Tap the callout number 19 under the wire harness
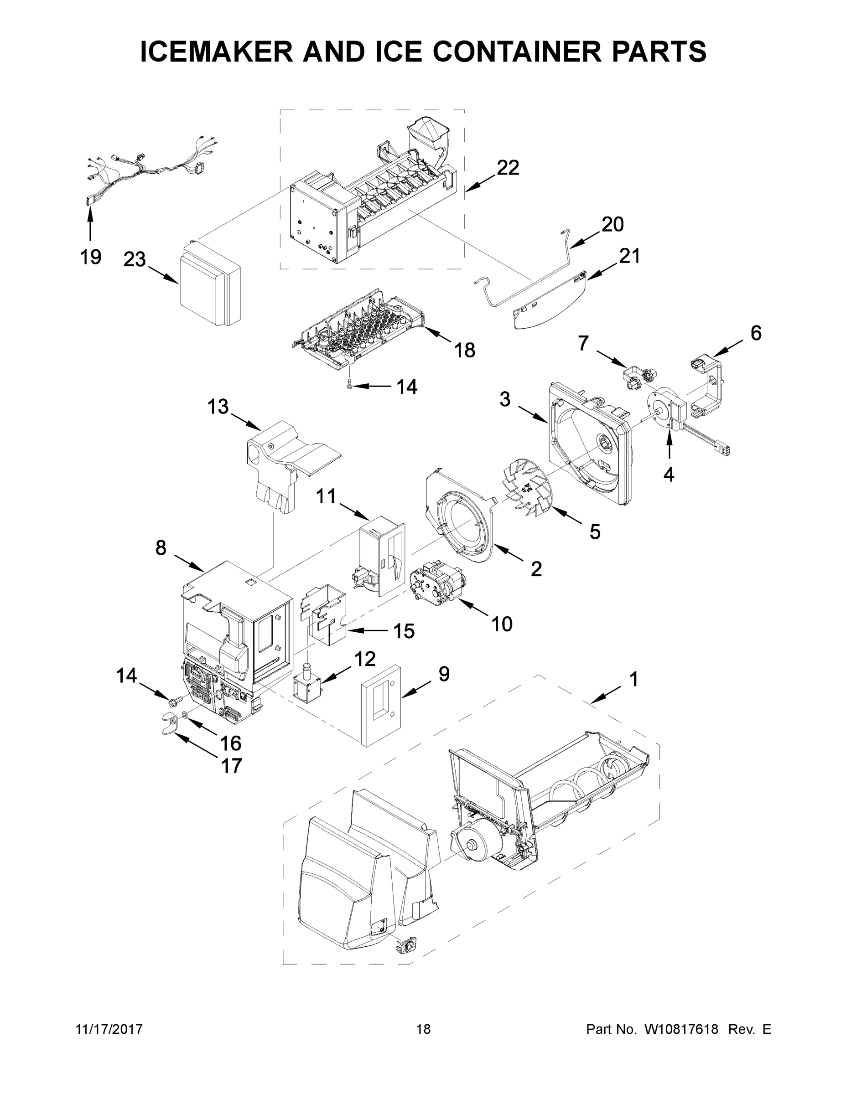pyautogui.click(x=90, y=257)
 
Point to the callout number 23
pyautogui.click(x=135, y=259)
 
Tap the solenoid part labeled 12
pyautogui.click(x=308, y=682)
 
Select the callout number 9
pyautogui.click(x=444, y=674)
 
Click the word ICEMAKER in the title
pyautogui.click(x=216, y=52)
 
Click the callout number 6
pyautogui.click(x=755, y=333)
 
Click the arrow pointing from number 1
pyautogui.click(x=607, y=696)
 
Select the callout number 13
pyautogui.click(x=218, y=407)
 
